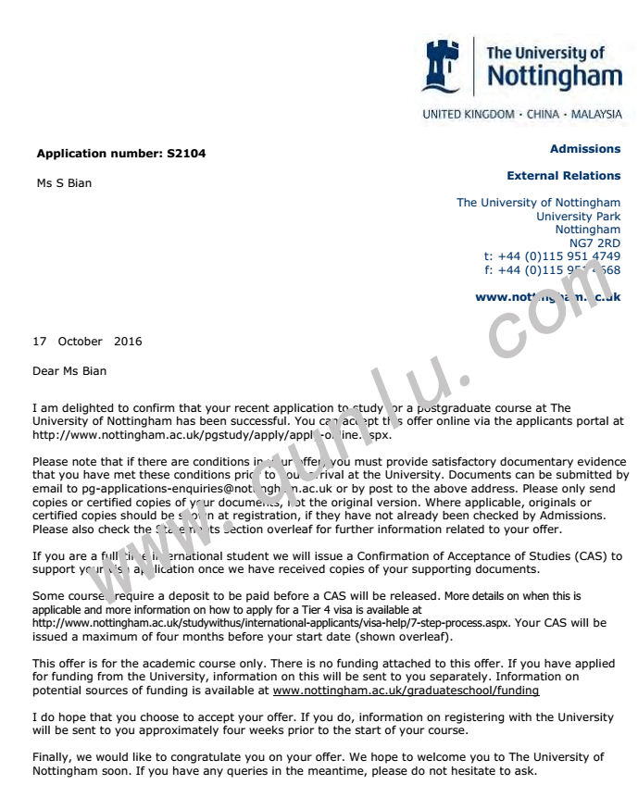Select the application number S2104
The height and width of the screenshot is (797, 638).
click(186, 154)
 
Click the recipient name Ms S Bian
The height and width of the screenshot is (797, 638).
click(64, 182)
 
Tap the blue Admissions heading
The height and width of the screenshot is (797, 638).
click(585, 149)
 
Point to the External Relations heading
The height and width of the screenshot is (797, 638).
click(563, 176)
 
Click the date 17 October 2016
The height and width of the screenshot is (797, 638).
click(87, 342)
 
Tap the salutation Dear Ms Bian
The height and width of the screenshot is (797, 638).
click(69, 371)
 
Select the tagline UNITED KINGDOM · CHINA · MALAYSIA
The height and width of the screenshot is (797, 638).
click(522, 115)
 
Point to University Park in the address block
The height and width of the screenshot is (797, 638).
click(578, 217)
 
